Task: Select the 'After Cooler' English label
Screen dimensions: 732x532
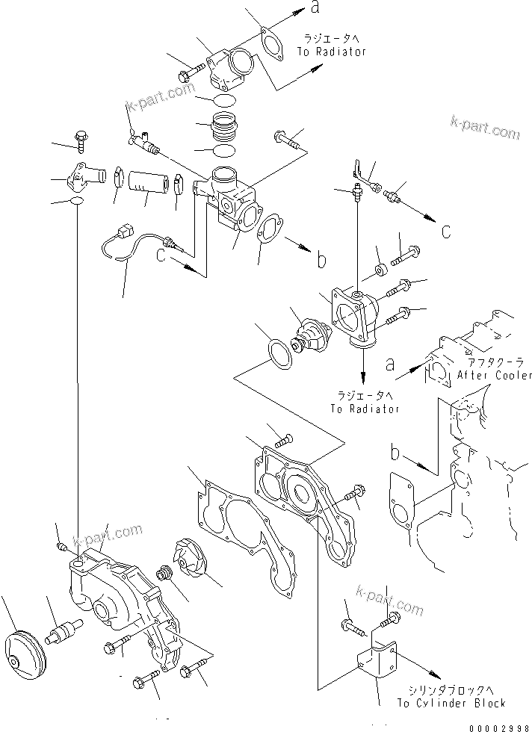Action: [494, 375]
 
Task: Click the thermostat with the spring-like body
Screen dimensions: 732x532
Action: [312, 335]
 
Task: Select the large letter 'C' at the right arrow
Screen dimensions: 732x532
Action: [445, 232]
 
